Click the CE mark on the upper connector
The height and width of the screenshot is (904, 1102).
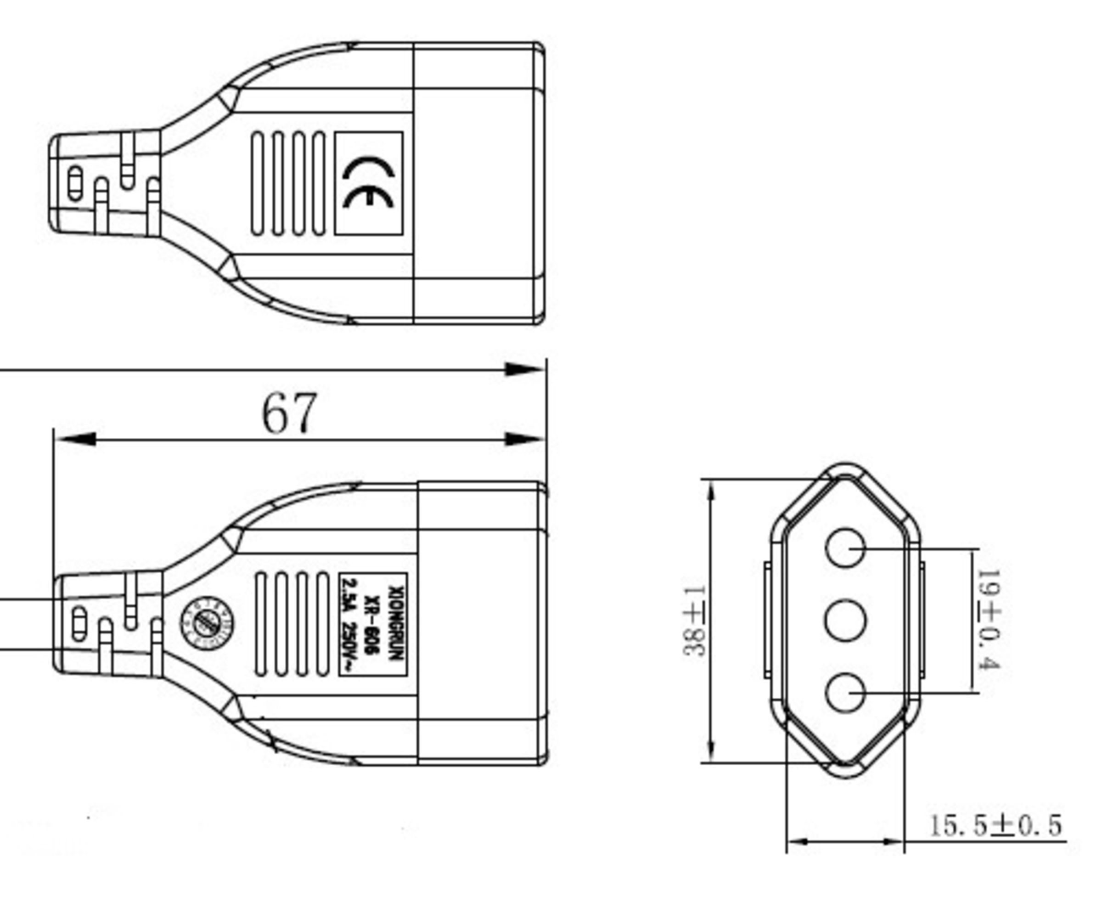click(368, 183)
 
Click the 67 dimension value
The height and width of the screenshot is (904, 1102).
click(288, 413)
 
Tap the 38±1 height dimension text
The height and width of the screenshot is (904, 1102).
click(693, 621)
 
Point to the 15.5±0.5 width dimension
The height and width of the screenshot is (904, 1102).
click(995, 825)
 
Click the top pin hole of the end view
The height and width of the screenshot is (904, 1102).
click(844, 547)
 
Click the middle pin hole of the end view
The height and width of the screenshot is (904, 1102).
click(845, 620)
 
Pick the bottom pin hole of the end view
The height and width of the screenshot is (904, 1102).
click(844, 693)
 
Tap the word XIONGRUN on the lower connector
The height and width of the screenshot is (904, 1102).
click(397, 624)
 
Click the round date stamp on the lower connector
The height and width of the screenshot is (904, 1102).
click(207, 623)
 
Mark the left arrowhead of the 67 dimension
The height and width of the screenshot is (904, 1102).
click(75, 439)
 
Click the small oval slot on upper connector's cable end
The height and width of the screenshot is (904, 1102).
click(75, 183)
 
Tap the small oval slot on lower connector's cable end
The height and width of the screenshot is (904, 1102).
click(79, 623)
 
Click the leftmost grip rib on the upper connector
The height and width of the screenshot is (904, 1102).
click(257, 183)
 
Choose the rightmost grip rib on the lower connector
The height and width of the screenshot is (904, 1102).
click(322, 624)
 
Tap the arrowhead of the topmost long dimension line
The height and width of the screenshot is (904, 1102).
click(523, 369)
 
